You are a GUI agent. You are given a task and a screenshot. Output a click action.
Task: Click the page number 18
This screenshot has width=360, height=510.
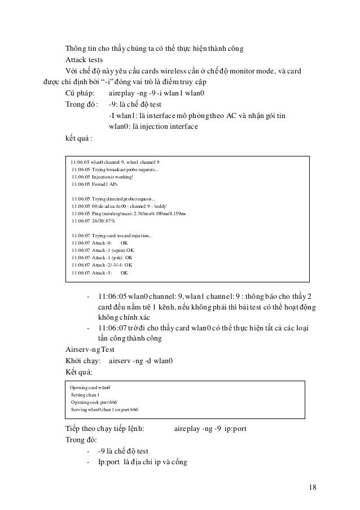[x=312, y=487]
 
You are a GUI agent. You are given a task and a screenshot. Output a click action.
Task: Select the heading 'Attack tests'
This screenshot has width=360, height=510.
[x=83, y=60]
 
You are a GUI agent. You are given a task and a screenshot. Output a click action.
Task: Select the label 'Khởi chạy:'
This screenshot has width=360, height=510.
[x=83, y=360]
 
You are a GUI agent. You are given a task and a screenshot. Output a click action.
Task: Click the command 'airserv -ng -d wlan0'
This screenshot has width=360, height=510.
[x=141, y=360]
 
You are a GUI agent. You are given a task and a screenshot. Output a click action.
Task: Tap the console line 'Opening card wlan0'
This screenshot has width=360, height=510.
[x=90, y=387]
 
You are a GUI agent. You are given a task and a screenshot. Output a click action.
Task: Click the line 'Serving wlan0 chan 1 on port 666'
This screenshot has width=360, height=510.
[x=104, y=409]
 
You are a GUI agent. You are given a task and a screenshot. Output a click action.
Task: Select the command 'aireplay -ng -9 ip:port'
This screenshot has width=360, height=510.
[x=210, y=429]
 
